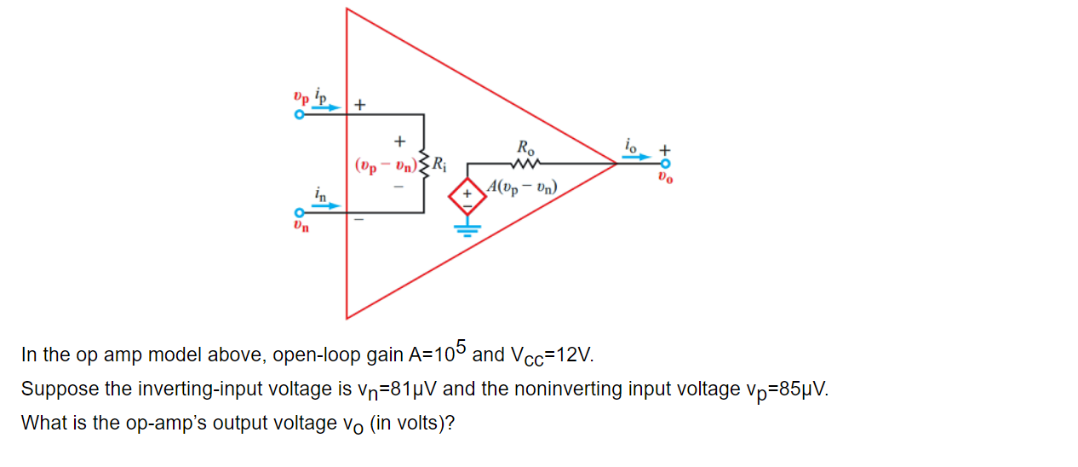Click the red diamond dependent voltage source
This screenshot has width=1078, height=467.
pyautogui.click(x=466, y=193)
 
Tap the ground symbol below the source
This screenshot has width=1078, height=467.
pyautogui.click(x=466, y=227)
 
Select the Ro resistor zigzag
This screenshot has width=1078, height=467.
pyautogui.click(x=525, y=163)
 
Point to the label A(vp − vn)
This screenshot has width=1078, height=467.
pyautogui.click(x=524, y=186)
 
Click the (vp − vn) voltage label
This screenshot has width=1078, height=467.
pyautogui.click(x=384, y=163)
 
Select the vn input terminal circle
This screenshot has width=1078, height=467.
pyautogui.click(x=299, y=213)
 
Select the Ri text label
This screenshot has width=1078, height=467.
pyautogui.click(x=439, y=163)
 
